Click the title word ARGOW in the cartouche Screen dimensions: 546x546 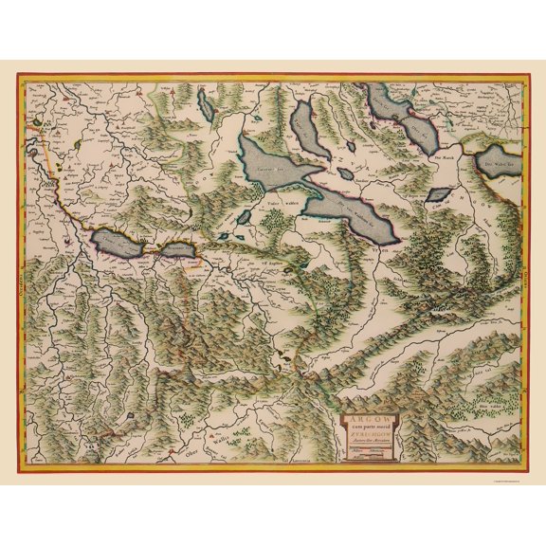click(362, 414)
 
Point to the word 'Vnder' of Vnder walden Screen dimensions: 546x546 click(268, 200)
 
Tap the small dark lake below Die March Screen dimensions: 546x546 click(438, 193)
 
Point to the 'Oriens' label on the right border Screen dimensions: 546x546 click(520, 275)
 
